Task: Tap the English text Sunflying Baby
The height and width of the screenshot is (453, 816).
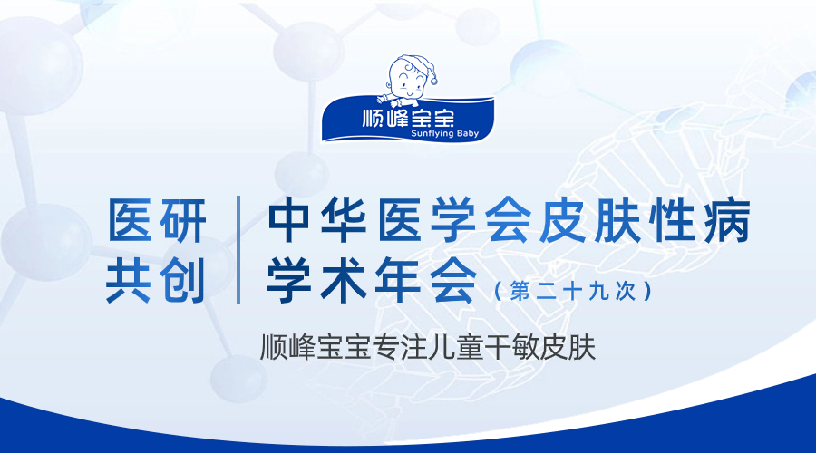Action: point(444,134)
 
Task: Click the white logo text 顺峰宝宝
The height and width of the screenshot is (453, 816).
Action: point(408,118)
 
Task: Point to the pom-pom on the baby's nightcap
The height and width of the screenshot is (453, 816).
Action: point(433,82)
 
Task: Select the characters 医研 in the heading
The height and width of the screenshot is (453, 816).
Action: point(157,221)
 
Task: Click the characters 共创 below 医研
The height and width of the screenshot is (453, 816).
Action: point(155,280)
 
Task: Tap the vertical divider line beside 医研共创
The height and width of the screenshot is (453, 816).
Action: point(238,250)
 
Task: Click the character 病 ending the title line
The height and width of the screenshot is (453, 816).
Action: point(726,220)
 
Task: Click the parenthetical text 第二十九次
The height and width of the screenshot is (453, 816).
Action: point(572,291)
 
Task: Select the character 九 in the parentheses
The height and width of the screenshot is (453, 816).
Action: point(598,291)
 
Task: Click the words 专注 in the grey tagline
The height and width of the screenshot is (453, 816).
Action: point(400,347)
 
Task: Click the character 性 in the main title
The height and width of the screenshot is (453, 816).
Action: point(671,220)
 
